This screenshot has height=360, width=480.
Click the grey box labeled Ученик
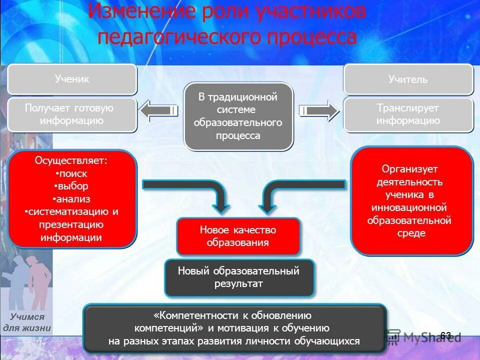coord(72,79)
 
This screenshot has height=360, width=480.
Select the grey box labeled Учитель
coord(408,79)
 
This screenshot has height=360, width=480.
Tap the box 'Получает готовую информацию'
coord(72,114)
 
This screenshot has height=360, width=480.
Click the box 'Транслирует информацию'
coord(408,114)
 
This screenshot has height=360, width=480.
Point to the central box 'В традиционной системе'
coord(238,116)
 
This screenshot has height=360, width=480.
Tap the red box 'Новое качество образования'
coord(238,236)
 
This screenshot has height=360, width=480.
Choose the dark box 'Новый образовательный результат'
coord(239,277)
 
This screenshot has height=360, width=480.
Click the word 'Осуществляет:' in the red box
coord(70,161)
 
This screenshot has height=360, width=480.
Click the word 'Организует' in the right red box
coord(411,169)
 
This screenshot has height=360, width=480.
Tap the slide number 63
coord(445,335)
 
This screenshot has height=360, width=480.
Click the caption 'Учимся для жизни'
coord(27,322)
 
